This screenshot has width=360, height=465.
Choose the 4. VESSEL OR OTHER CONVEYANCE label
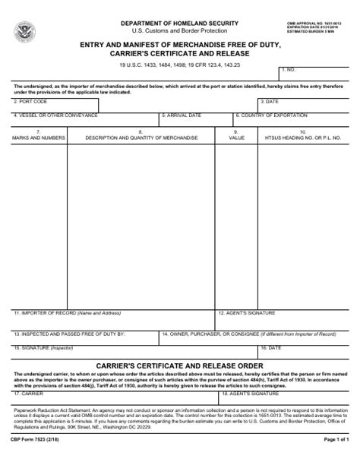tap(55, 115)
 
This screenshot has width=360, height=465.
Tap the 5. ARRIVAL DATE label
tap(182, 115)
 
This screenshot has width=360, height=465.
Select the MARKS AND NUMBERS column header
tap(39, 138)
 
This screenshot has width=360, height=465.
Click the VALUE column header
tap(236, 138)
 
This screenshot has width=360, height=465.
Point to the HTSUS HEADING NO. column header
tap(302, 138)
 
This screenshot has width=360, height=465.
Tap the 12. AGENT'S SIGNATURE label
tap(246, 312)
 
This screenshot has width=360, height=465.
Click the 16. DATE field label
tap(270, 347)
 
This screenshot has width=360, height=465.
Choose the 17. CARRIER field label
tap(29, 394)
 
